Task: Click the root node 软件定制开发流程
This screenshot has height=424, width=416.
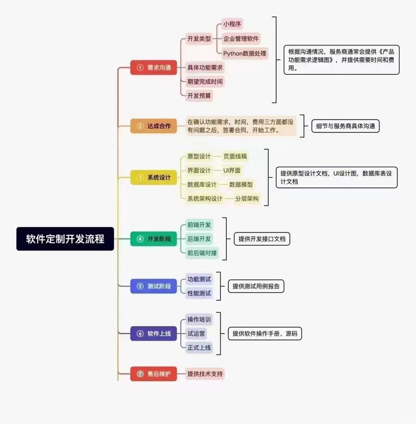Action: point(65,239)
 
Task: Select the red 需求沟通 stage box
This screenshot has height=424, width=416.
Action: point(153,68)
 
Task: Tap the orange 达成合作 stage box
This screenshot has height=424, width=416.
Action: point(153,126)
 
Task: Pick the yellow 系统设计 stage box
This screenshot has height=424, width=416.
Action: point(153,178)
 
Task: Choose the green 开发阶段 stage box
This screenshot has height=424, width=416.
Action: point(153,239)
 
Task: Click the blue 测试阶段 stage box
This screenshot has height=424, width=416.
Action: point(153,286)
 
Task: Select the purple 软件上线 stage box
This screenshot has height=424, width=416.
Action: point(153,334)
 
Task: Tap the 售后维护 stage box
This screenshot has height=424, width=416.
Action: point(153,374)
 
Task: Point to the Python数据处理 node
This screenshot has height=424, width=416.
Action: point(245,53)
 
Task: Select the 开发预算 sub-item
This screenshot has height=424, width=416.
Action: point(199,96)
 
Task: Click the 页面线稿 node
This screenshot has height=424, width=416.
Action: point(235,156)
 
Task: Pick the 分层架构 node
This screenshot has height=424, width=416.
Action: point(247,199)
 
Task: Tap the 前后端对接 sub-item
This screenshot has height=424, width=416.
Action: point(202,253)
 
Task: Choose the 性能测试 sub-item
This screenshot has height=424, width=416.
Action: point(199,293)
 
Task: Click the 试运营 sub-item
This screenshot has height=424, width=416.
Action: point(196,334)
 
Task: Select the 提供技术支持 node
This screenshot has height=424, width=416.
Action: point(205,374)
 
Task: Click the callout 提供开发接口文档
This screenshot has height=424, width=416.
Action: point(262,239)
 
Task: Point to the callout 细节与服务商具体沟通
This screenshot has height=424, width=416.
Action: point(346,126)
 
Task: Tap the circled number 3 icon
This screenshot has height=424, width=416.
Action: point(140,178)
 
